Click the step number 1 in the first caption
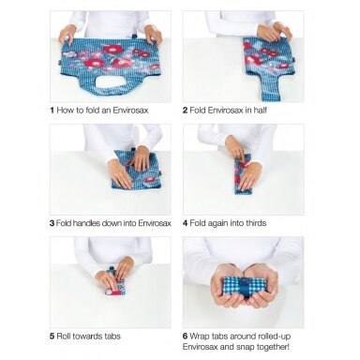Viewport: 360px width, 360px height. [52, 111]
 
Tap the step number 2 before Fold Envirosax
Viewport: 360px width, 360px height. [186, 111]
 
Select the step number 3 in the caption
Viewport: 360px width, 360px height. [52, 223]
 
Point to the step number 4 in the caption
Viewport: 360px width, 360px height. [186, 223]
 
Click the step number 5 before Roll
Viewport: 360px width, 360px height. [52, 337]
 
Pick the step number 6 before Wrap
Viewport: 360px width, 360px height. [186, 337]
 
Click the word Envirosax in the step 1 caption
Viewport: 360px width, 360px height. [130, 111]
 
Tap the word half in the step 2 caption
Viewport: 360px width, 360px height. [260, 111]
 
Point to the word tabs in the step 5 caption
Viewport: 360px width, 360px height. [112, 337]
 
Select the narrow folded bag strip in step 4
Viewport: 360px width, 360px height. [243, 174]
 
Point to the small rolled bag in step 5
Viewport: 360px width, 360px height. [114, 287]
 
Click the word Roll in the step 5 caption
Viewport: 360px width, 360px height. [64, 337]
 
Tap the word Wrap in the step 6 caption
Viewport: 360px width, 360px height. [199, 337]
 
